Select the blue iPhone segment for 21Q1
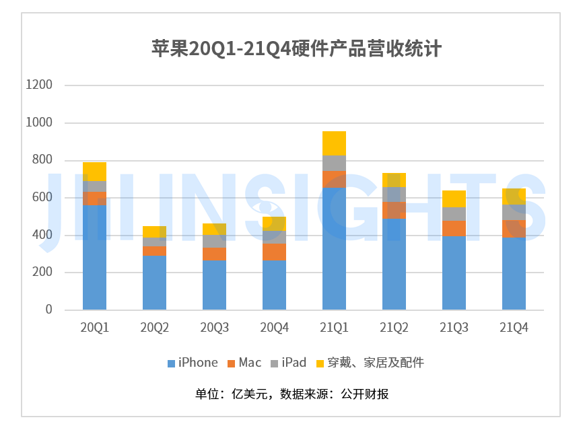coord(334,249)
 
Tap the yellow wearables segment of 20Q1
coord(94,172)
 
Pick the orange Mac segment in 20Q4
coord(274,252)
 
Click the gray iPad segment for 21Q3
coord(454,213)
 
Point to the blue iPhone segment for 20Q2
coord(154,283)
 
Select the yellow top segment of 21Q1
coord(334,143)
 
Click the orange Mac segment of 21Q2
coord(394,210)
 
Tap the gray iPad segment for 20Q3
coord(214,241)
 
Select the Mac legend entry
coord(244,363)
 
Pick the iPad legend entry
coord(289,363)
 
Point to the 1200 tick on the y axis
coord(38,85)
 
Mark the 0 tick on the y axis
coord(48,310)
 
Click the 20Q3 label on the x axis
coord(214,328)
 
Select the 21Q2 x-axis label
coord(394,328)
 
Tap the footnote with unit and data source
coord(291,394)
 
